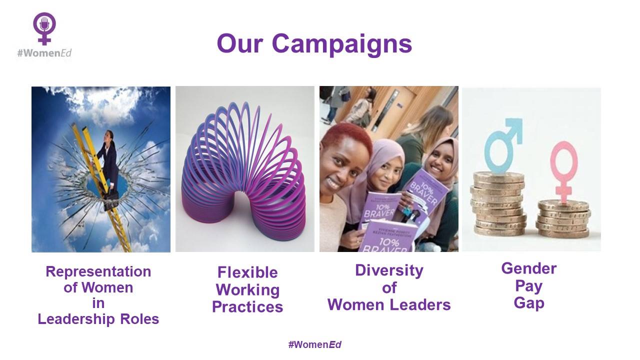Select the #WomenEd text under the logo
45,52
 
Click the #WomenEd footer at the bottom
315,344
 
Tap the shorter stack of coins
563,220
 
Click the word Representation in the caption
98,271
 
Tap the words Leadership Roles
98,319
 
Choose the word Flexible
247,272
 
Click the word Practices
247,306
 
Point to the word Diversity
389,270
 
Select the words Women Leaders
389,304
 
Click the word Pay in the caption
528,286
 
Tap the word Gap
528,303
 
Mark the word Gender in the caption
528,268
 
